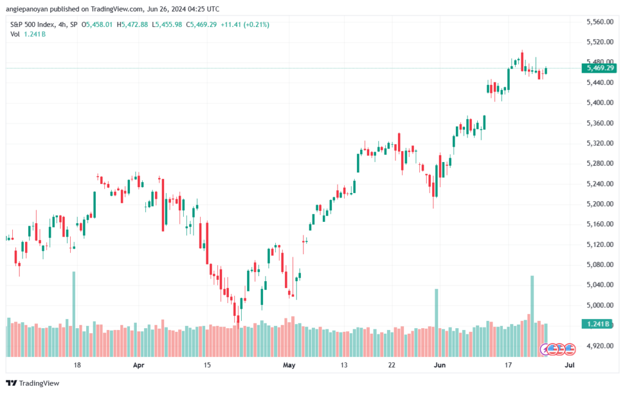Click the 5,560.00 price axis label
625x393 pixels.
(x=600, y=22)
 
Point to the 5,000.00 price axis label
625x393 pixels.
(x=600, y=305)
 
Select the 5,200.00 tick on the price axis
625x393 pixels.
(x=600, y=204)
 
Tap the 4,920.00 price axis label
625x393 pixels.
(x=600, y=346)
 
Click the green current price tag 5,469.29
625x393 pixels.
(x=599, y=68)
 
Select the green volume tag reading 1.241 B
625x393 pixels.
(x=597, y=324)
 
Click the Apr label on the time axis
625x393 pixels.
(x=139, y=365)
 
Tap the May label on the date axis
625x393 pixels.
(x=289, y=365)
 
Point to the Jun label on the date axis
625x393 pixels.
(x=439, y=365)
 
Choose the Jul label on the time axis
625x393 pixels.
(x=569, y=365)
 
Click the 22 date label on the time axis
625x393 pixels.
(x=392, y=365)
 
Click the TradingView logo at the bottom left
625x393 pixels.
(x=33, y=383)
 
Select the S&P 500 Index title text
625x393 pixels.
(x=33, y=24)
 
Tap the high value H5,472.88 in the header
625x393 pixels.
(x=132, y=24)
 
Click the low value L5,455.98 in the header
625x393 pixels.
(x=167, y=24)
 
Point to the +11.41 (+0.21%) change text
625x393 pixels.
(x=245, y=24)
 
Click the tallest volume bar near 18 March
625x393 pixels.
(x=74, y=314)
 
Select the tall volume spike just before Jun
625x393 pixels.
(x=436, y=323)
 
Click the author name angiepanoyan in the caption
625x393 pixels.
(x=27, y=9)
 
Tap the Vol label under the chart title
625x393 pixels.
(x=15, y=34)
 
